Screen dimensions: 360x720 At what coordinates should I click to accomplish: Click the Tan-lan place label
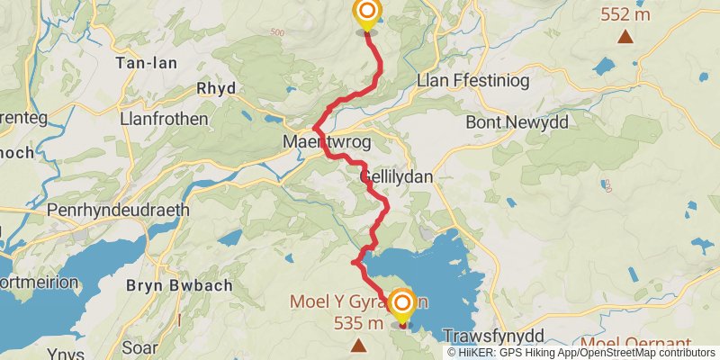pos(147,63)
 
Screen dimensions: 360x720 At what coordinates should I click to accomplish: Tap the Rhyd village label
pos(216,88)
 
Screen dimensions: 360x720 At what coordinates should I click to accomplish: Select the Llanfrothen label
pos(164,119)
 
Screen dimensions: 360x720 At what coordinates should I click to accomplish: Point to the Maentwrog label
pos(320,142)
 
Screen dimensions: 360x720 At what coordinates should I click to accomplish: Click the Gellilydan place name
pos(396,177)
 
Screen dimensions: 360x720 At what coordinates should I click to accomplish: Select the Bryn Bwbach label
pos(179,285)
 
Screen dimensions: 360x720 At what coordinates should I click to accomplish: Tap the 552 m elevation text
pos(624,14)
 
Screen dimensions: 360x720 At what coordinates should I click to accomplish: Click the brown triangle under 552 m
pos(624,37)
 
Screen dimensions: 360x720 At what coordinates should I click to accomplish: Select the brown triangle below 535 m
pos(359,345)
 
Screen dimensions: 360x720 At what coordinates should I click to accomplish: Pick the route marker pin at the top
pos(367,13)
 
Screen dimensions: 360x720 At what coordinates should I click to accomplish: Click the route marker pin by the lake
pos(401,304)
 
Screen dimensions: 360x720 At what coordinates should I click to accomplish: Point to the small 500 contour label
pos(275,33)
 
